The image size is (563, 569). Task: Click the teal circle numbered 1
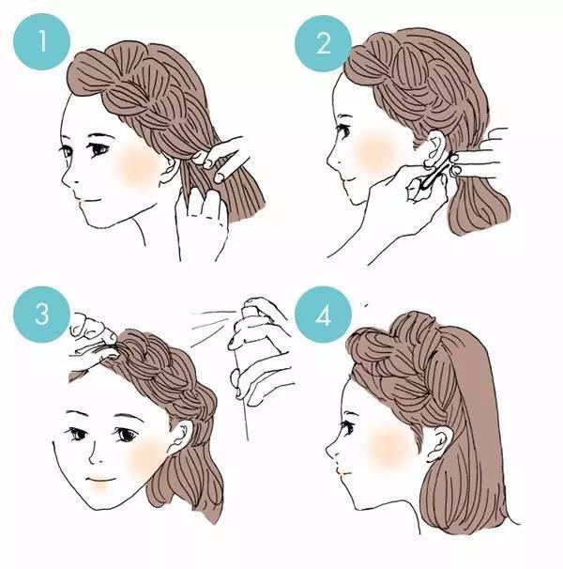point(41,41)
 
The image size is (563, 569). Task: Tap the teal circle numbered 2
point(323,43)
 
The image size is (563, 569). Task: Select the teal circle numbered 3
point(41,315)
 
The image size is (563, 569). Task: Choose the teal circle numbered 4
point(323,315)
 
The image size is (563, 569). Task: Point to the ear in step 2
point(435,149)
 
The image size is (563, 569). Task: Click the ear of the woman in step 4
point(440,443)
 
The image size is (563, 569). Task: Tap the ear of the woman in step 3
point(181,437)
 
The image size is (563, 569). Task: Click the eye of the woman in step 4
point(346,426)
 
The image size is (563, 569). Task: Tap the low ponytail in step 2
point(479,207)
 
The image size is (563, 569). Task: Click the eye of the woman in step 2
point(343,130)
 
